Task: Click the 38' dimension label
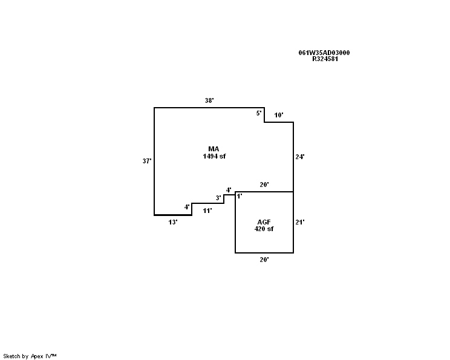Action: point(209,101)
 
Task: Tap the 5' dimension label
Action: point(259,113)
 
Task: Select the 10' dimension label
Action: point(279,115)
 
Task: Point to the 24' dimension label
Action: point(299,157)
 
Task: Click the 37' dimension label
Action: point(147,162)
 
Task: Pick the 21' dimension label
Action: point(299,222)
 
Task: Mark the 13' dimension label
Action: point(173,222)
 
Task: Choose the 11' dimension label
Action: point(207,211)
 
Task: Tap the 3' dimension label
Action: point(218,198)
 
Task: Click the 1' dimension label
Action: point(240,196)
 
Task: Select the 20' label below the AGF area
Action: point(264,260)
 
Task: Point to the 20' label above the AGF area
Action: point(264,185)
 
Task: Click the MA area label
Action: point(214,149)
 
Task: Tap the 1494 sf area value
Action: point(214,156)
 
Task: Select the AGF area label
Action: point(264,222)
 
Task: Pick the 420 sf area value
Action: point(264,229)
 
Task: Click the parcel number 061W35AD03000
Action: point(324,53)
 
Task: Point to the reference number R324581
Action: point(325,59)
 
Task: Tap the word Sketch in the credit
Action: point(12,356)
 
